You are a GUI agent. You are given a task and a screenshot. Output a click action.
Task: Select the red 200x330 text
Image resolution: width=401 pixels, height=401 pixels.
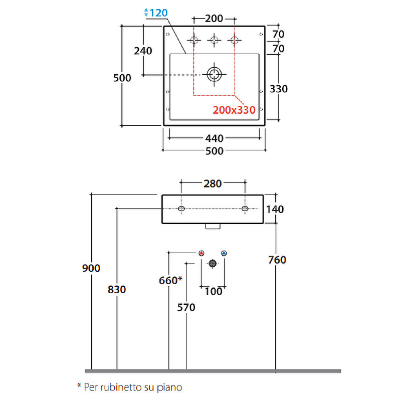pyautogui.click(x=234, y=110)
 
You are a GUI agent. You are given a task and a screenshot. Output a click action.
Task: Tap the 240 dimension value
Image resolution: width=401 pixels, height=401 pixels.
pyautogui.click(x=143, y=51)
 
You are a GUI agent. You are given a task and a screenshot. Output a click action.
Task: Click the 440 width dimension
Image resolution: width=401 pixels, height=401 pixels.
pyautogui.click(x=215, y=138)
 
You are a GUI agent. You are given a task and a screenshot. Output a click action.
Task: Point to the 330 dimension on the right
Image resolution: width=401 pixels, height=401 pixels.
pyautogui.click(x=279, y=89)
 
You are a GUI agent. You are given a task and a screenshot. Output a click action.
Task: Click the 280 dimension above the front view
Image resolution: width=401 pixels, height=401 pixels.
pyautogui.click(x=213, y=183)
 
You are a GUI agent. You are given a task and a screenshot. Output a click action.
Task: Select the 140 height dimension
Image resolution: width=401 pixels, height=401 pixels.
pyautogui.click(x=275, y=209)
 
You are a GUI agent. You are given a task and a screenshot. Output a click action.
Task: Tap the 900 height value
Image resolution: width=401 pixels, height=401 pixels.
pyautogui.click(x=91, y=268)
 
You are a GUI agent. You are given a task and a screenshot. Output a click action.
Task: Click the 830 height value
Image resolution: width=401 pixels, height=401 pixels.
pyautogui.click(x=117, y=290)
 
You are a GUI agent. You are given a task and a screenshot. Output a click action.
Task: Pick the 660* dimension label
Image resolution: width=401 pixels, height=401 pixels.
pyautogui.click(x=170, y=280)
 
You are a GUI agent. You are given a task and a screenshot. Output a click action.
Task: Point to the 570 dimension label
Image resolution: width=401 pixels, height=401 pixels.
pyautogui.click(x=186, y=307)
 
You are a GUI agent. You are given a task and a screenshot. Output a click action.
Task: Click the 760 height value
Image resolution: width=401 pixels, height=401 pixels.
pyautogui.click(x=277, y=260)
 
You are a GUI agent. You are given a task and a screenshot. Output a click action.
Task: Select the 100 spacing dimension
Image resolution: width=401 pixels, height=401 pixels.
pyautogui.click(x=214, y=291)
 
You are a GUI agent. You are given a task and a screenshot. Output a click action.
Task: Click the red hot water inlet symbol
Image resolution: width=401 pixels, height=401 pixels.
pyautogui.click(x=202, y=253)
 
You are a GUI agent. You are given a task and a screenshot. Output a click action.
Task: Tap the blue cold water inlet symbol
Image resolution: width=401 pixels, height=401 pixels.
pyautogui.click(x=224, y=253)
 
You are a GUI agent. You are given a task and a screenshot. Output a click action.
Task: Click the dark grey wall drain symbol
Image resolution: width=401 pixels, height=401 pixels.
pyautogui.click(x=213, y=264)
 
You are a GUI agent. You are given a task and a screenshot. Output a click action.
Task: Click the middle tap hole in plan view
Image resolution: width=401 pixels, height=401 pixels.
pyautogui.click(x=214, y=40)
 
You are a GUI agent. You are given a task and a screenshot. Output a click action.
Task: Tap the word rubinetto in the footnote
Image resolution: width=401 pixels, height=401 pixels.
pyautogui.click(x=121, y=387)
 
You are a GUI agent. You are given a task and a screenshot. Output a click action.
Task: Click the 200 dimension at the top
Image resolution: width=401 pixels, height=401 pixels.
pyautogui.click(x=214, y=19)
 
